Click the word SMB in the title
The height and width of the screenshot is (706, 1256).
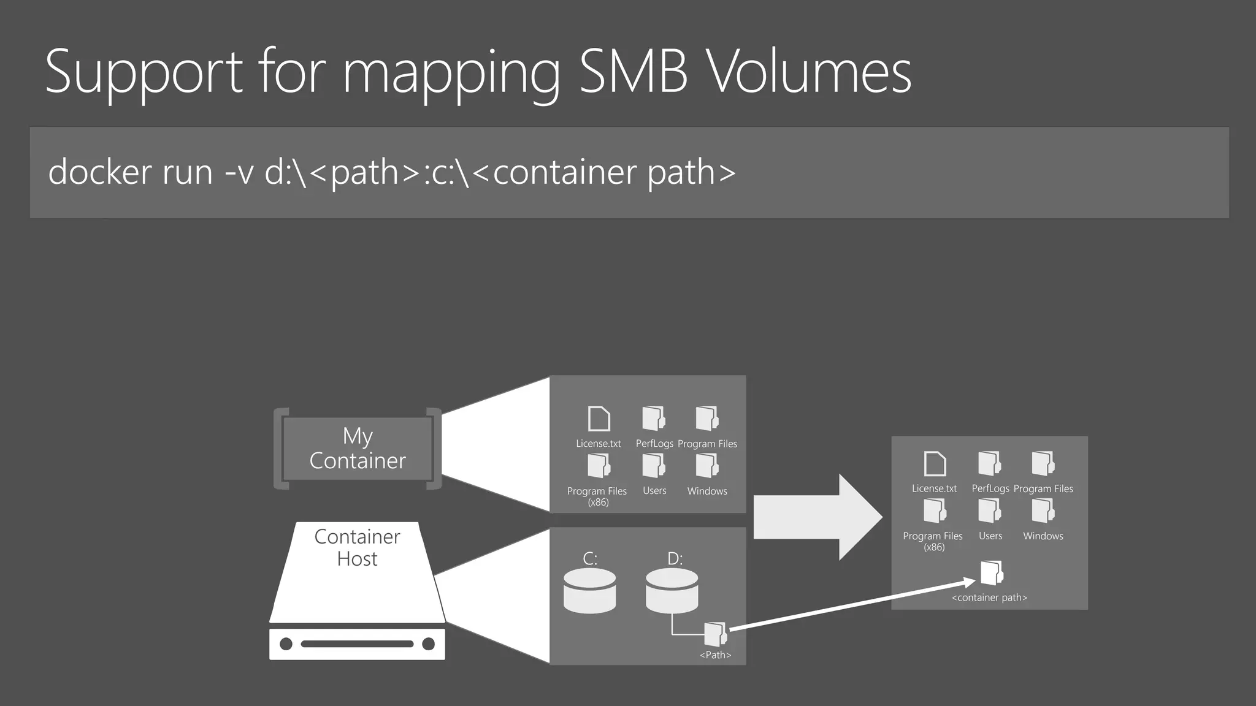632,72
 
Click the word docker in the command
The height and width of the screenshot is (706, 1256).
99,172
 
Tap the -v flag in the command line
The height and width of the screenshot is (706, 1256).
239,172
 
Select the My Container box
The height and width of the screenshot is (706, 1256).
358,449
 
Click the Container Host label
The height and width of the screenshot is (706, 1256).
357,547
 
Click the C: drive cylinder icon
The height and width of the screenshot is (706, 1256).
589,591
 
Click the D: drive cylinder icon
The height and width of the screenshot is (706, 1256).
672,591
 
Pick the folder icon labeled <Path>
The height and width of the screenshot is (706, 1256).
715,634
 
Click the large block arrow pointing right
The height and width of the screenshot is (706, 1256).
816,517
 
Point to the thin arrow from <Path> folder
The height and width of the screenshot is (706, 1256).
852,604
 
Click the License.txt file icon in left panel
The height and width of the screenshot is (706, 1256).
599,419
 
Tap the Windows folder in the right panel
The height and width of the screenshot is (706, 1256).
1043,511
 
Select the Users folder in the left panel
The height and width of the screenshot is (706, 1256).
654,466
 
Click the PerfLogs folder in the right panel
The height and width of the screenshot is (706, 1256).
989,463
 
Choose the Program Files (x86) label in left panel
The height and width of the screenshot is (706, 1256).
597,496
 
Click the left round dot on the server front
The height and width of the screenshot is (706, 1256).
286,643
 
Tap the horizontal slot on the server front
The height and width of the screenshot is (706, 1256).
357,643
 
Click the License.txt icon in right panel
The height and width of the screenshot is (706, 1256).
935,464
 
